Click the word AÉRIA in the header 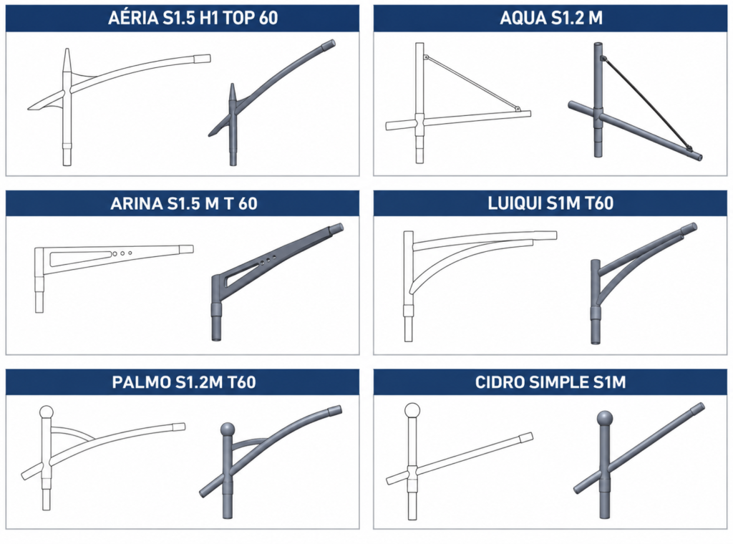pos(133,18)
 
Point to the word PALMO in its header pos(141,382)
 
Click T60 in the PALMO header pos(242,382)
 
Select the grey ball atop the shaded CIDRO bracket pos(604,418)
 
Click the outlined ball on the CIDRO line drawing pos(412,410)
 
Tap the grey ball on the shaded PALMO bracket pos(227,429)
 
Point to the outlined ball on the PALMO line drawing pos(46,413)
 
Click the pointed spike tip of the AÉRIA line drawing pos(67,49)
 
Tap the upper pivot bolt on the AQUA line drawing pos(426,57)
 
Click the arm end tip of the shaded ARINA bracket pos(339,227)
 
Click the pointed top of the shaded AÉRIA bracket pos(233,85)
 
